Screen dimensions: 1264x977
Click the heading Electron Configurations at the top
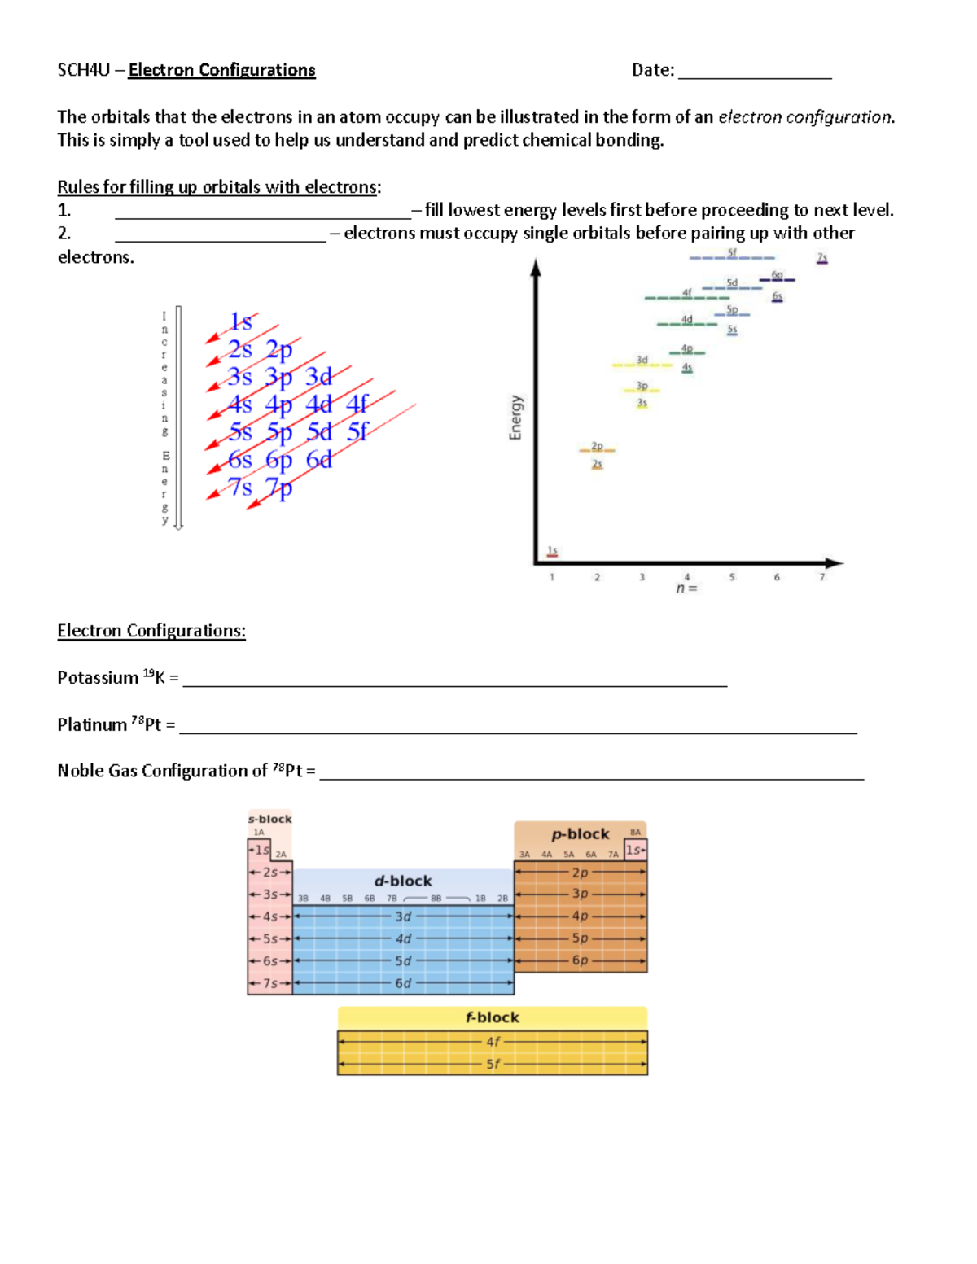click(221, 70)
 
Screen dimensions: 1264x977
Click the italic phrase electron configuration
click(805, 117)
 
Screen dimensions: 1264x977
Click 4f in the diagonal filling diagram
click(357, 404)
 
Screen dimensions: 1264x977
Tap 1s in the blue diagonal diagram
click(241, 322)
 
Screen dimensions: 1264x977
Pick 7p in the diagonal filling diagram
click(278, 488)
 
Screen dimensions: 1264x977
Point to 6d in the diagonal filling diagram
click(319, 460)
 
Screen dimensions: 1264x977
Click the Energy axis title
click(515, 418)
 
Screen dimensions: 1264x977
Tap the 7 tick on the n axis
click(821, 577)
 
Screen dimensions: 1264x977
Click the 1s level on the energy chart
click(552, 552)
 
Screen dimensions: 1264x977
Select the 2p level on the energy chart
click(597, 447)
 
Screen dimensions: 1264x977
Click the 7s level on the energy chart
click(822, 258)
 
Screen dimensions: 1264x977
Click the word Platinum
click(92, 725)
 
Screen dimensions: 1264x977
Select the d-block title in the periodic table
click(403, 881)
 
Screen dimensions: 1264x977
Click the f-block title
click(492, 1017)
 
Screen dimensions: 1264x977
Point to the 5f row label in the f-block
click(493, 1064)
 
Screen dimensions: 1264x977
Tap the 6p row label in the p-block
click(580, 960)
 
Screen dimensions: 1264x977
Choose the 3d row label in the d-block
click(403, 916)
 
